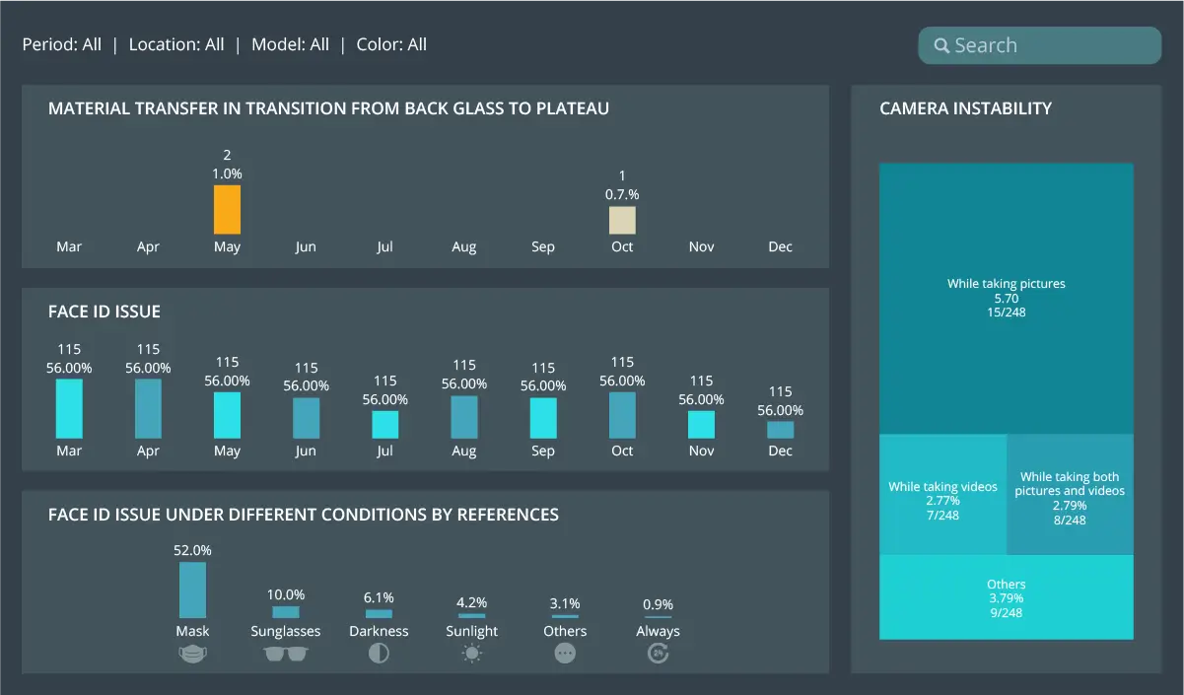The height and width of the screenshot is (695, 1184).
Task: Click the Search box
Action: [x=1040, y=45]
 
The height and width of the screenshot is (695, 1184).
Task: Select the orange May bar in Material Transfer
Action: [x=227, y=209]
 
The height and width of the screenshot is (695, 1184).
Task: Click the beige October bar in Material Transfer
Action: [x=622, y=220]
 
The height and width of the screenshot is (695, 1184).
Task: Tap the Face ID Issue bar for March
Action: [x=69, y=408]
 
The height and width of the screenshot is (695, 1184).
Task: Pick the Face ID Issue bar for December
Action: [x=780, y=430]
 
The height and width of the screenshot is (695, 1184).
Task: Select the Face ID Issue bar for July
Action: [x=384, y=424]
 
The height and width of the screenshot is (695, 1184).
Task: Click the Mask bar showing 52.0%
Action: [x=192, y=590]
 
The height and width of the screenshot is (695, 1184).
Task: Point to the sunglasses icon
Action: [x=286, y=654]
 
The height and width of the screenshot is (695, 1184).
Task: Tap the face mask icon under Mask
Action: [x=192, y=654]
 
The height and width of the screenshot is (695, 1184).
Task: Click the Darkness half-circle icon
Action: [x=379, y=654]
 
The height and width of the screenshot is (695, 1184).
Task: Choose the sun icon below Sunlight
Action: [x=472, y=654]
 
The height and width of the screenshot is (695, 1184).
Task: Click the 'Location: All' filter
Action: [x=176, y=44]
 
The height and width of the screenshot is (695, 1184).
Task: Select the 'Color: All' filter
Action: [x=391, y=44]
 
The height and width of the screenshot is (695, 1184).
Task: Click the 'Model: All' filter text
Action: [x=290, y=44]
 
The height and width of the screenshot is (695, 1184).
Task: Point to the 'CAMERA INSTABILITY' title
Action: [x=965, y=108]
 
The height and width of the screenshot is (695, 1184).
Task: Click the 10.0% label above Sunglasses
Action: [x=286, y=594]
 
